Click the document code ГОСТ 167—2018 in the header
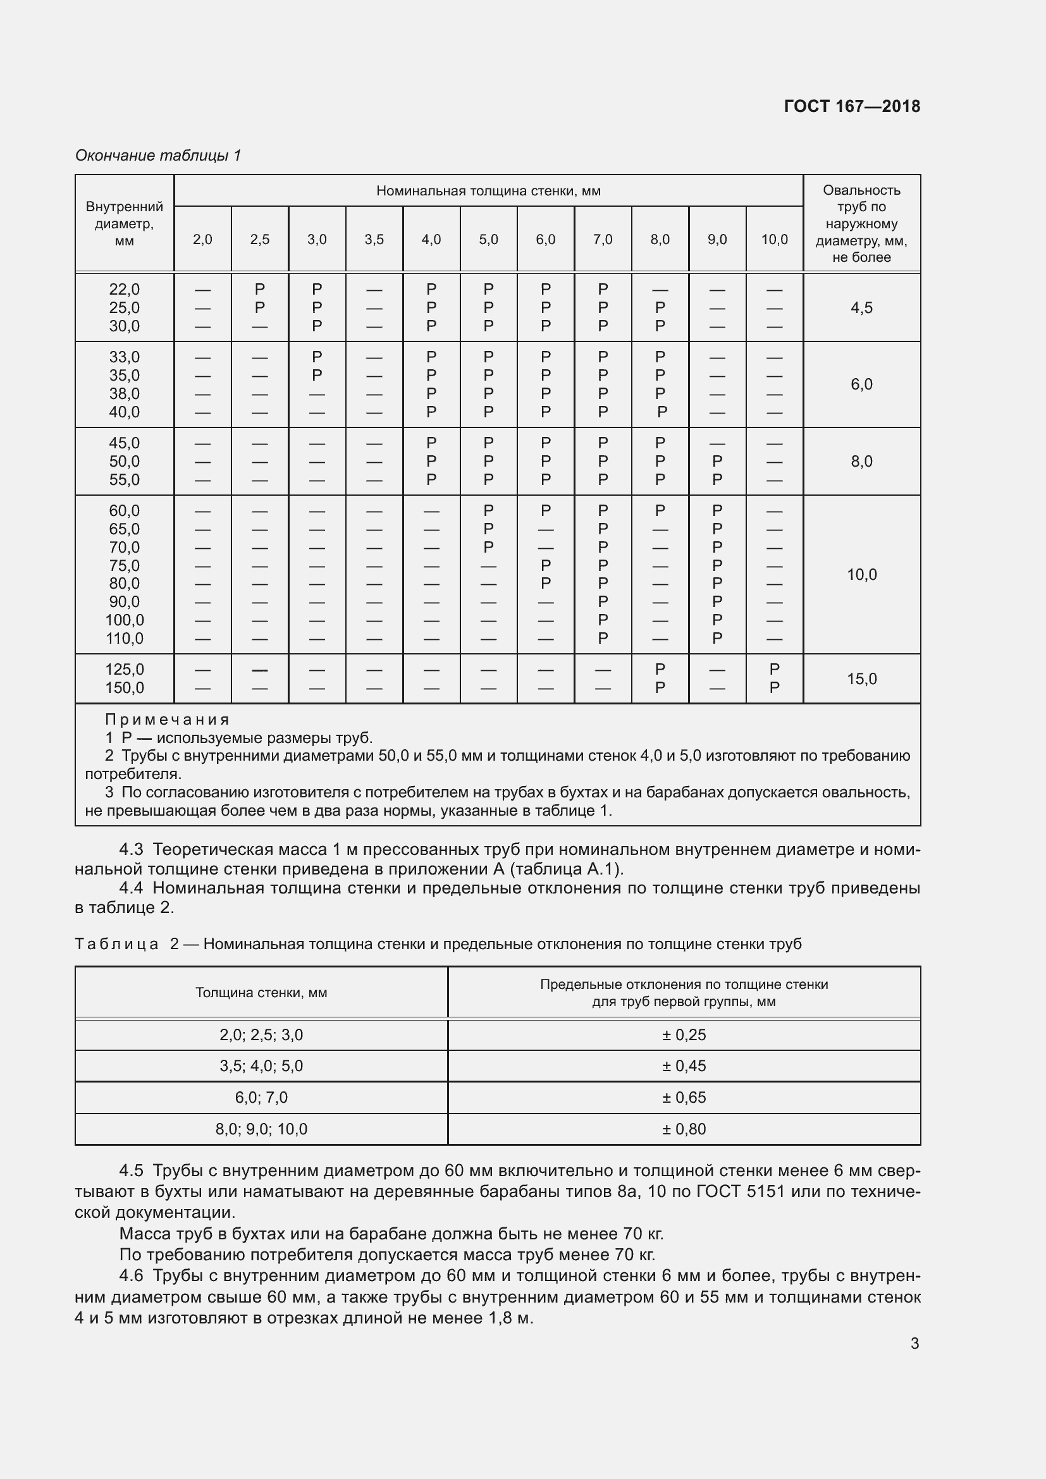click(851, 106)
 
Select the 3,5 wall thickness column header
click(374, 240)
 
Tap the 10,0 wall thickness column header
click(774, 240)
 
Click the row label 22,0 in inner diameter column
click(125, 289)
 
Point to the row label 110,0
click(125, 639)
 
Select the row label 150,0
click(125, 688)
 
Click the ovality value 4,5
click(861, 308)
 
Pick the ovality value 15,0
click(861, 679)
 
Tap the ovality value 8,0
click(861, 461)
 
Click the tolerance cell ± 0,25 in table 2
click(684, 1035)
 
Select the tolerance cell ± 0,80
click(684, 1129)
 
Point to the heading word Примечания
click(167, 720)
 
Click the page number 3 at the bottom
click(914, 1344)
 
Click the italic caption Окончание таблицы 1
click(158, 156)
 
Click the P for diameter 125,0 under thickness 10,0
click(774, 670)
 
